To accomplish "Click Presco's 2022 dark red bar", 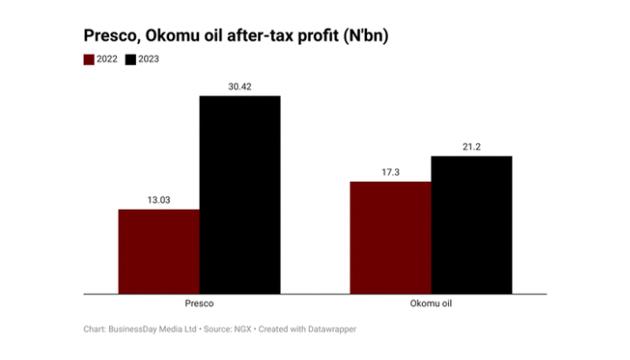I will [x=158, y=251].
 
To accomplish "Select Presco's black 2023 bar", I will [x=239, y=194].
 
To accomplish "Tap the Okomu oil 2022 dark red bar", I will [x=391, y=237].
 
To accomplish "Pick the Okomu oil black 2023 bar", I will [x=472, y=224].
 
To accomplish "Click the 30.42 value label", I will [x=239, y=86].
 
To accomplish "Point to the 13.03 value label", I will [x=158, y=200].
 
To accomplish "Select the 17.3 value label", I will [x=391, y=172].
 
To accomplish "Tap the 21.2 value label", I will [x=472, y=147].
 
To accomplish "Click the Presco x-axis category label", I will [x=199, y=304].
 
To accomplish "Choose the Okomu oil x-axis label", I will [x=431, y=304].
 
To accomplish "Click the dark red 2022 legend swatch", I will [x=89, y=59].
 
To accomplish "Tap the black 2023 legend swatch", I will [x=130, y=59].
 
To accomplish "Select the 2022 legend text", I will [x=107, y=59].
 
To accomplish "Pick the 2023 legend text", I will [x=148, y=59].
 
